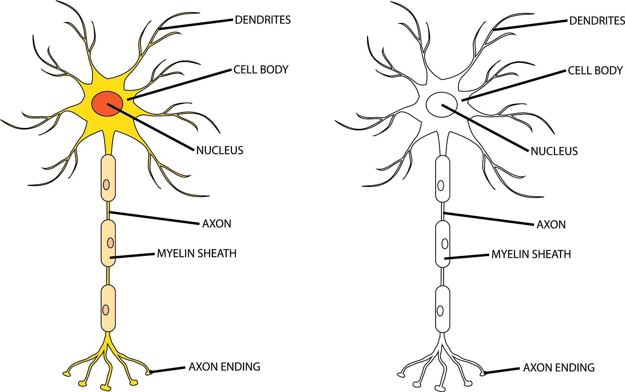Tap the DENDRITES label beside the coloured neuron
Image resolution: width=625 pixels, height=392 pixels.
[263, 20]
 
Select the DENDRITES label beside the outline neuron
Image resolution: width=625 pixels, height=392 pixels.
[597, 21]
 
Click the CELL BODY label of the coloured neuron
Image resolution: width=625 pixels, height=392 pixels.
[261, 70]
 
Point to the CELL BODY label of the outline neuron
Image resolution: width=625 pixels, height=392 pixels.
[595, 71]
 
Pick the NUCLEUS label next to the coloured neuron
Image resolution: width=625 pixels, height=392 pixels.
[220, 151]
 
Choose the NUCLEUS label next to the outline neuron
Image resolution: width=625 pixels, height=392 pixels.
[554, 151]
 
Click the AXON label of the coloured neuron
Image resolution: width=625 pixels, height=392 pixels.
[217, 224]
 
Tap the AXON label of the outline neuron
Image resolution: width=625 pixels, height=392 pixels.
[551, 225]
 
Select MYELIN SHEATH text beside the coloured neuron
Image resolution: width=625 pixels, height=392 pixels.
[197, 253]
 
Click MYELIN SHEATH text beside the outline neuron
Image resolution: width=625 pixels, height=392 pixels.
[531, 254]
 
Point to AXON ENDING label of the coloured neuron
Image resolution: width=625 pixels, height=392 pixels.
[224, 367]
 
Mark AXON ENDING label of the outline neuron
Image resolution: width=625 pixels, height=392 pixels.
[559, 368]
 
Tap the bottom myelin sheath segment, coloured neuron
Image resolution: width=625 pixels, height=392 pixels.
[108, 321]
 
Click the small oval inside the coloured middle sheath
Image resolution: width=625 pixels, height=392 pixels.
[110, 243]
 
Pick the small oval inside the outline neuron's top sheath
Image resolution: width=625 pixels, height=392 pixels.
[441, 186]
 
